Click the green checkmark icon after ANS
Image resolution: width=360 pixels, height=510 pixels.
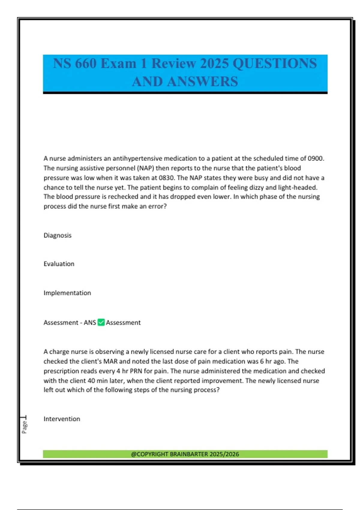[101, 322]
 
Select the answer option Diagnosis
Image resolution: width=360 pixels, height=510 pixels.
[58, 235]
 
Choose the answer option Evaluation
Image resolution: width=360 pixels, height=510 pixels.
[59, 264]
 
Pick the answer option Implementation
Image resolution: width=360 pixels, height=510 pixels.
[67, 293]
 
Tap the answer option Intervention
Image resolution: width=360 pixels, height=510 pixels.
[62, 419]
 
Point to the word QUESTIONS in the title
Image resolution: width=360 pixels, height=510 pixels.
[274, 64]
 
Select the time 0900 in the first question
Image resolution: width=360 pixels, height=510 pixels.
[316, 159]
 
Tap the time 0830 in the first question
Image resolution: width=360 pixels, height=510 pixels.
[166, 178]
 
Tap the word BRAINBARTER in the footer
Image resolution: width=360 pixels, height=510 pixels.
[189, 454]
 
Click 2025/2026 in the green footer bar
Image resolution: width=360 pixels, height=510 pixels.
[224, 454]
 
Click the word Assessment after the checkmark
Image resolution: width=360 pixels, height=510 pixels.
[123, 323]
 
